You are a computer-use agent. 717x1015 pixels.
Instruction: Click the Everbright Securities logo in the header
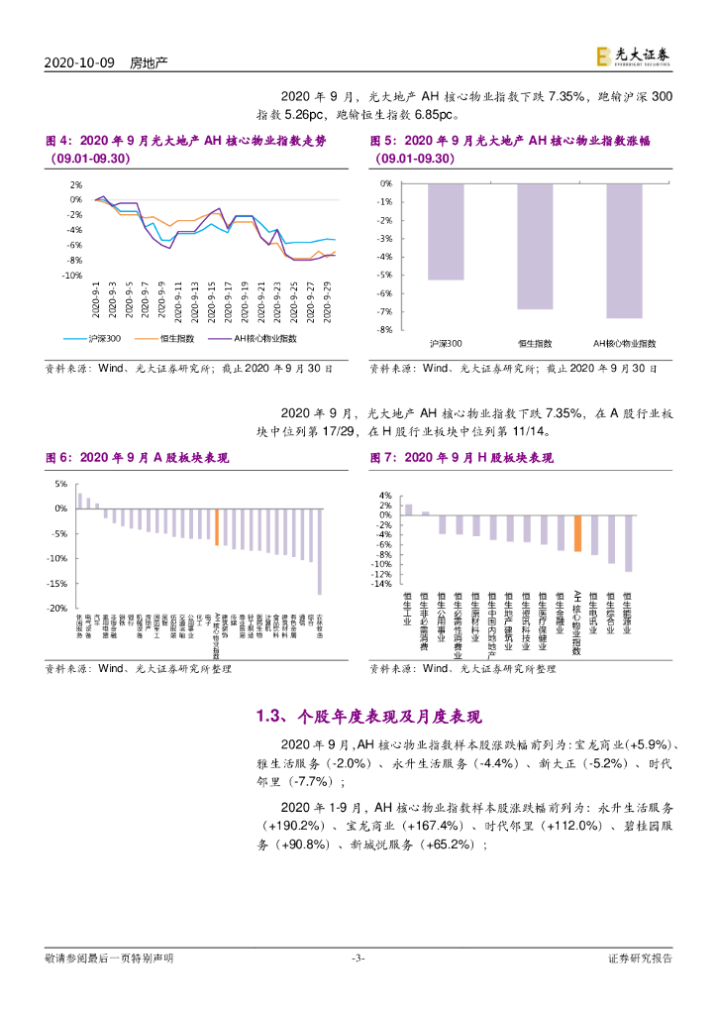click(633, 58)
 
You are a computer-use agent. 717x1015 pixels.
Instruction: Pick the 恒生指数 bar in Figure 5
click(535, 246)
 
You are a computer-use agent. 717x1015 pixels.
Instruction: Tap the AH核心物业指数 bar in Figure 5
click(624, 251)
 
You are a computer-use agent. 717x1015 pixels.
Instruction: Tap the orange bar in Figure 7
click(577, 533)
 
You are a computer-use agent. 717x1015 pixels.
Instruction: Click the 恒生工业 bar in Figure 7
click(408, 509)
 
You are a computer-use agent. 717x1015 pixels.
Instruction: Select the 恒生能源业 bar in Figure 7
click(628, 543)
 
